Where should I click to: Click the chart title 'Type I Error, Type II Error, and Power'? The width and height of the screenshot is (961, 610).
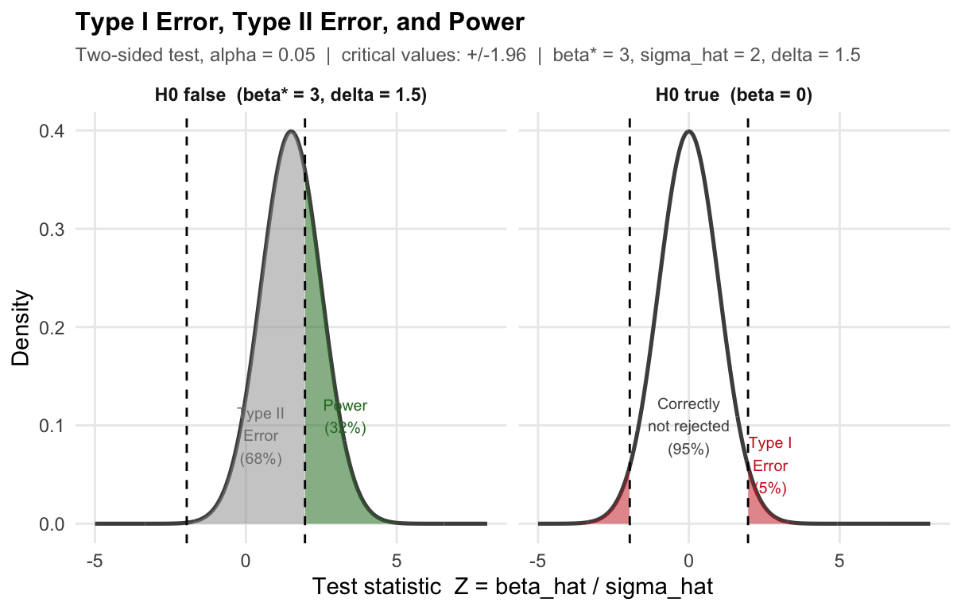[x=300, y=21]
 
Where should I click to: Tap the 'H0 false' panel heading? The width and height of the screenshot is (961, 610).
[x=291, y=96]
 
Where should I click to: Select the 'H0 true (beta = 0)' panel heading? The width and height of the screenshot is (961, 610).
[x=733, y=96]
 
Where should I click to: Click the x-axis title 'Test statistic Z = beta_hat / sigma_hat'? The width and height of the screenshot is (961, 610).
[x=513, y=587]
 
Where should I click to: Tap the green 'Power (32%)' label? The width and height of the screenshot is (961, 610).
[x=345, y=417]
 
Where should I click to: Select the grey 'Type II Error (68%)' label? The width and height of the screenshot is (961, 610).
[x=261, y=436]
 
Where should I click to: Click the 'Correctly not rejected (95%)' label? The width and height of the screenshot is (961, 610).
[x=688, y=427]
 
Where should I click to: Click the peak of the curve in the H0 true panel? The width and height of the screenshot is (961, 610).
[x=689, y=132]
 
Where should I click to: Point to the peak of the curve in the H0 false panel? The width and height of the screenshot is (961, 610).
[x=291, y=132]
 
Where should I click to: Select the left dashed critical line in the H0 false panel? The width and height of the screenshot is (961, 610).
[x=187, y=318]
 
